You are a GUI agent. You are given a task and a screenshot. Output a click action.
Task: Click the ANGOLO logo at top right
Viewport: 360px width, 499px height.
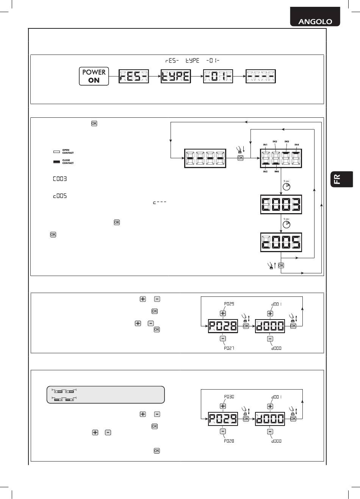315,21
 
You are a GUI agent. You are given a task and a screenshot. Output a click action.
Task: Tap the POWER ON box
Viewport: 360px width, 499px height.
94,76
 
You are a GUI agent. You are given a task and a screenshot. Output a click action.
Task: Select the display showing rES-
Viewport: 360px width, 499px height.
133,77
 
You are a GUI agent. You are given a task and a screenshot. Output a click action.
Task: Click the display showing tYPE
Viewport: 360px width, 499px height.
176,77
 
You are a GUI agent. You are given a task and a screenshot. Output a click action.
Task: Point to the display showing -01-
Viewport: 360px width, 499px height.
218,77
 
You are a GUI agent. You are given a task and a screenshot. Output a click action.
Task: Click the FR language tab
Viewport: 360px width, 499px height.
337,179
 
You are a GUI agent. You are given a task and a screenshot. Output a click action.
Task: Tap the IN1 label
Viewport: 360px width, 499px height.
265,145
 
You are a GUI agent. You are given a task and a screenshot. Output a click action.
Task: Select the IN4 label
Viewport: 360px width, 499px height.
297,145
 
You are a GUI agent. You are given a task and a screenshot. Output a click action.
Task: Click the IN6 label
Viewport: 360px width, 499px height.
277,172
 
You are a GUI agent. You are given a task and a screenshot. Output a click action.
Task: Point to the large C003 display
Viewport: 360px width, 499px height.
281,204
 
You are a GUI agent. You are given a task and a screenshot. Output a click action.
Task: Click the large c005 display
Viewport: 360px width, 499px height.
281,243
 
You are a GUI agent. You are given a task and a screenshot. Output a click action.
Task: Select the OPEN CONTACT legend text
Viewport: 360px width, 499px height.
68,151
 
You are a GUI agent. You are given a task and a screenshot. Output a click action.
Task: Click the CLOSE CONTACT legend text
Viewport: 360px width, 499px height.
68,162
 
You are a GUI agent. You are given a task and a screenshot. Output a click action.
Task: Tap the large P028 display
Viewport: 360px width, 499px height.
222,326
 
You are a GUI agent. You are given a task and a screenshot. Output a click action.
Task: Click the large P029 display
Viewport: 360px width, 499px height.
223,419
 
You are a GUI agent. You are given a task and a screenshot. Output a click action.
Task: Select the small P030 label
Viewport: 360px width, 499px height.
229,397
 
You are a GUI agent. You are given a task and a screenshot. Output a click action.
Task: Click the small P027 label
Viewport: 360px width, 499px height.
229,348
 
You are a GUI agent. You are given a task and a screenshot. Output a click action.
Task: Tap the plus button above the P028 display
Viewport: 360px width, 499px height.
223,313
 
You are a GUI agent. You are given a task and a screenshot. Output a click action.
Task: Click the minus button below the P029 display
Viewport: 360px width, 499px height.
223,431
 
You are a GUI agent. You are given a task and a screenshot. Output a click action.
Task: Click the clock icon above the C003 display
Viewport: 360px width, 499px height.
286,187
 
